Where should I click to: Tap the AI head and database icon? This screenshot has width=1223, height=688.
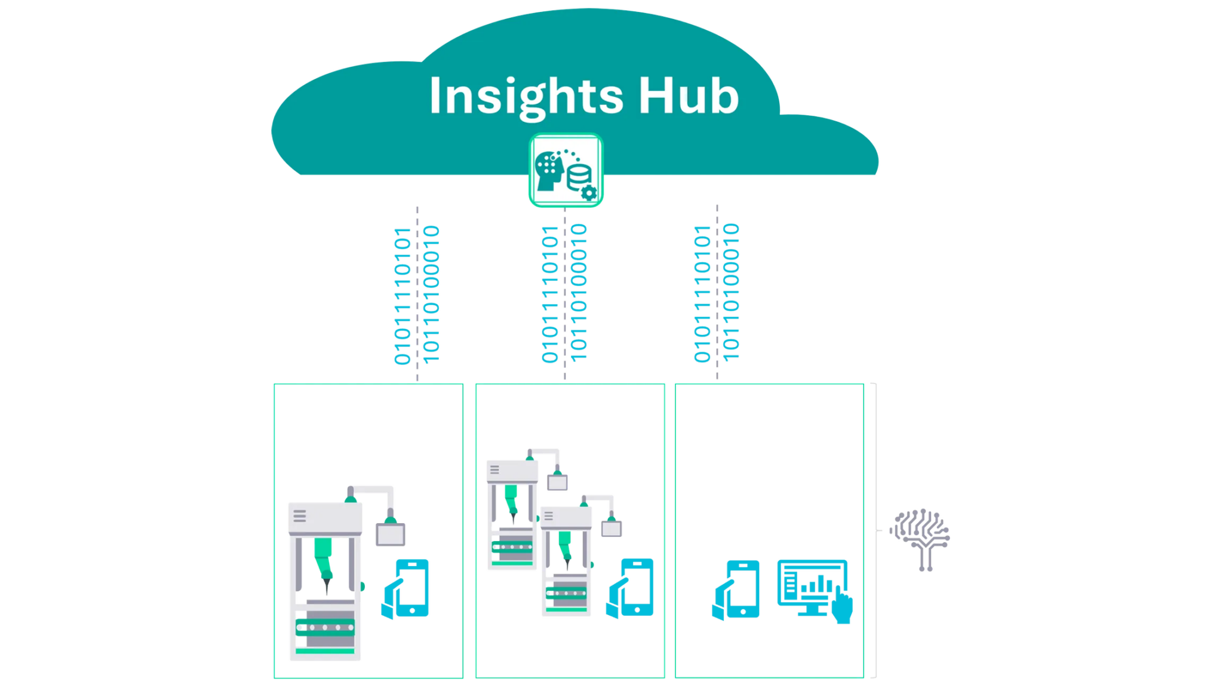[565, 171]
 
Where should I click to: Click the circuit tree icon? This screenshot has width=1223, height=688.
[920, 537]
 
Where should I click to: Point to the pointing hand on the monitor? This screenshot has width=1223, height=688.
[842, 607]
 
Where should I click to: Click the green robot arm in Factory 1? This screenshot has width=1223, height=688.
[325, 561]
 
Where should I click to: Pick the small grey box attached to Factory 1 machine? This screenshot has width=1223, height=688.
[391, 534]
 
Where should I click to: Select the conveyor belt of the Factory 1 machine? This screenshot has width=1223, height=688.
[325, 627]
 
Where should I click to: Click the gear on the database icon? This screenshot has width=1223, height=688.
[589, 192]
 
